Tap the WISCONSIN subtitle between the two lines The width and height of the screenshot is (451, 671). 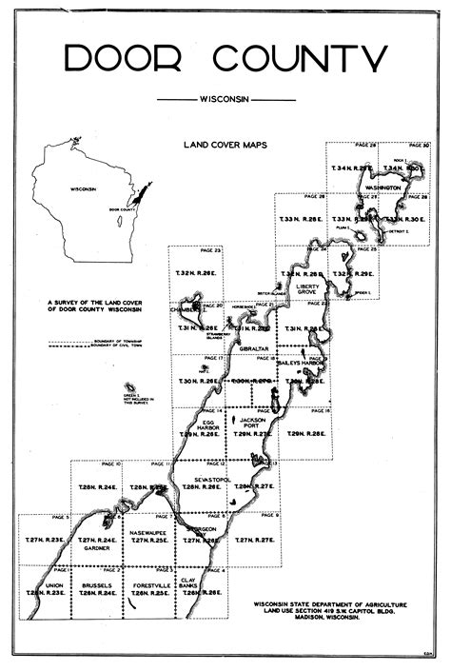point(225,99)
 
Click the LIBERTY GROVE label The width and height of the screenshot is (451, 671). point(308,289)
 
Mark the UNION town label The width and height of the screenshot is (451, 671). point(54,584)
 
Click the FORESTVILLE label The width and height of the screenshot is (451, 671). point(149,584)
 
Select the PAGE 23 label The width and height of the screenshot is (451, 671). point(210,250)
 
